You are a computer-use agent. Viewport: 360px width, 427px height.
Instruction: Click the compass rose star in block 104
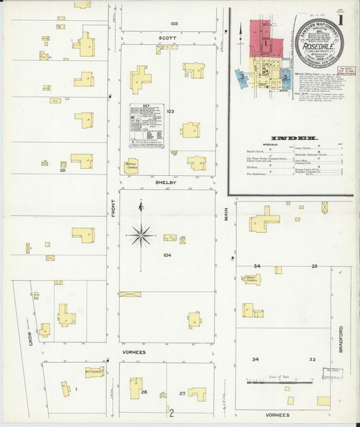point(140,235)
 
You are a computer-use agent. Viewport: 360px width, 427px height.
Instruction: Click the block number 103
point(170,111)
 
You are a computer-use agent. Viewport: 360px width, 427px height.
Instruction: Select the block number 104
point(167,255)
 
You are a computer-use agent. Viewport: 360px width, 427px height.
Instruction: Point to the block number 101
point(62,170)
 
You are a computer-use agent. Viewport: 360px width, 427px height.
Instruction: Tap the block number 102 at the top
point(174,23)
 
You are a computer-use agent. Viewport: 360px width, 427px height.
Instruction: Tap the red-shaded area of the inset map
point(265,37)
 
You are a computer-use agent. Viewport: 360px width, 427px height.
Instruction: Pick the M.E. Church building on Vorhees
point(94,372)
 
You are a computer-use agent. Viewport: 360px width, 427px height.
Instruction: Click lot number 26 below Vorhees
point(145,392)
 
